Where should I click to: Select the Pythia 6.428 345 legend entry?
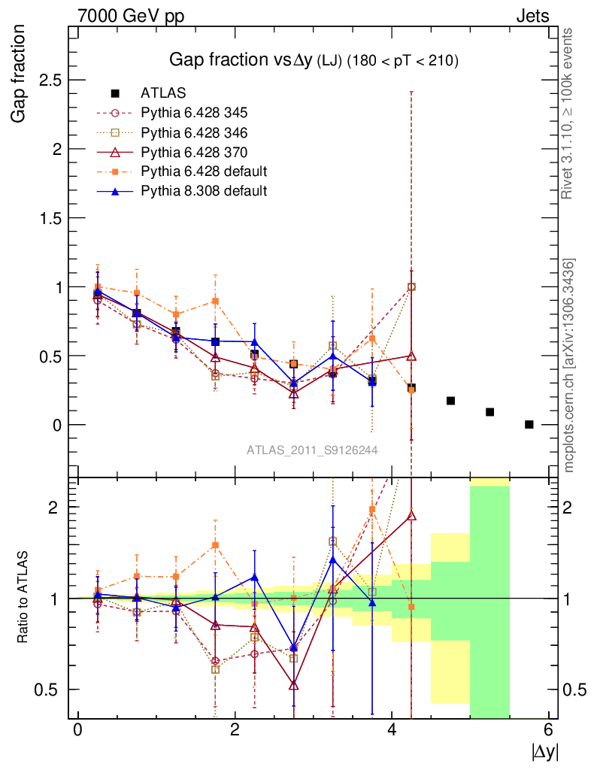pos(193,113)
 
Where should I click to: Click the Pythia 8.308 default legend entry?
pos(203,191)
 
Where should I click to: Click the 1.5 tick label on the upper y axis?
pos(49,218)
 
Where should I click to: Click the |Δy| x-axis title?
pos(544,751)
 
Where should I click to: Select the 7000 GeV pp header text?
pos(131,16)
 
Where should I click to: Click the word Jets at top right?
pos(532,16)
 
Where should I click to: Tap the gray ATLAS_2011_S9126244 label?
pos(312,450)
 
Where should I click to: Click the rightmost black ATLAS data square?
pos(529,424)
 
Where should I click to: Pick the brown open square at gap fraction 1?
pos(411,286)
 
